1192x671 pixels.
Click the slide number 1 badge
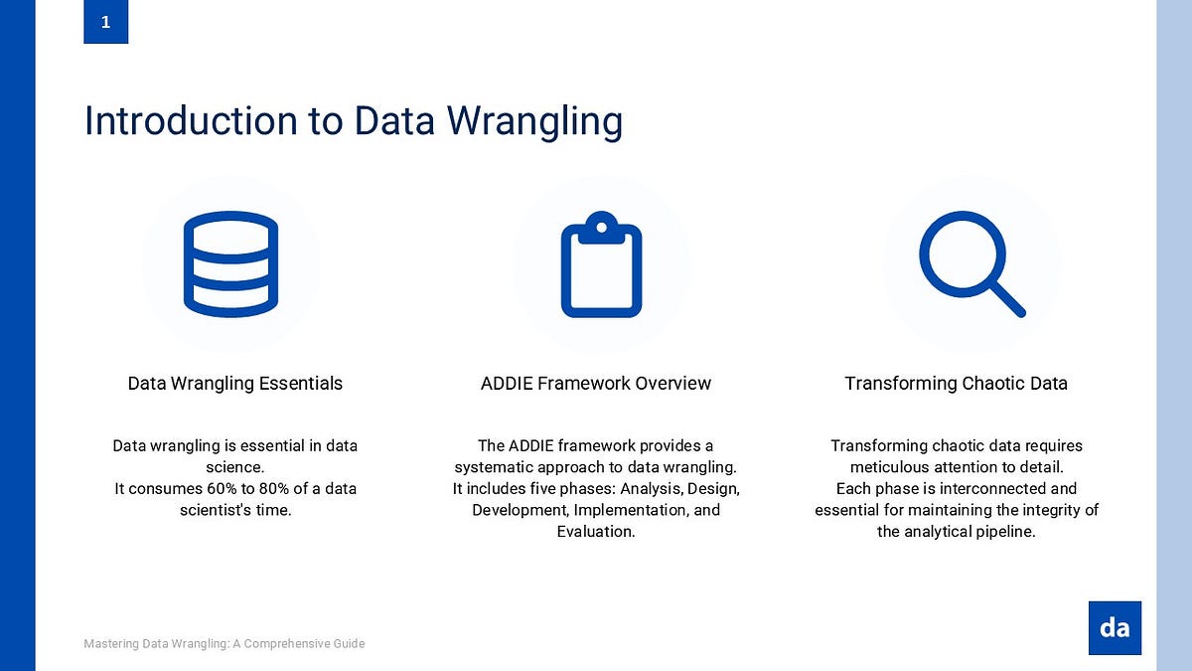(x=105, y=22)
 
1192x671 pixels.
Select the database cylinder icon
(x=230, y=263)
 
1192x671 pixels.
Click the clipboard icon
(x=601, y=265)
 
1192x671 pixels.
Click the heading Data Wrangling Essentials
(x=235, y=384)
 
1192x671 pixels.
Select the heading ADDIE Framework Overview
(x=596, y=384)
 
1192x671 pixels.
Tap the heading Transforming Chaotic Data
(x=956, y=384)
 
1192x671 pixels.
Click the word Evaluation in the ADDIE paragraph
(x=595, y=532)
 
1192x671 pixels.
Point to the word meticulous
(x=887, y=467)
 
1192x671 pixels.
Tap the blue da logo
(x=1115, y=627)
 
